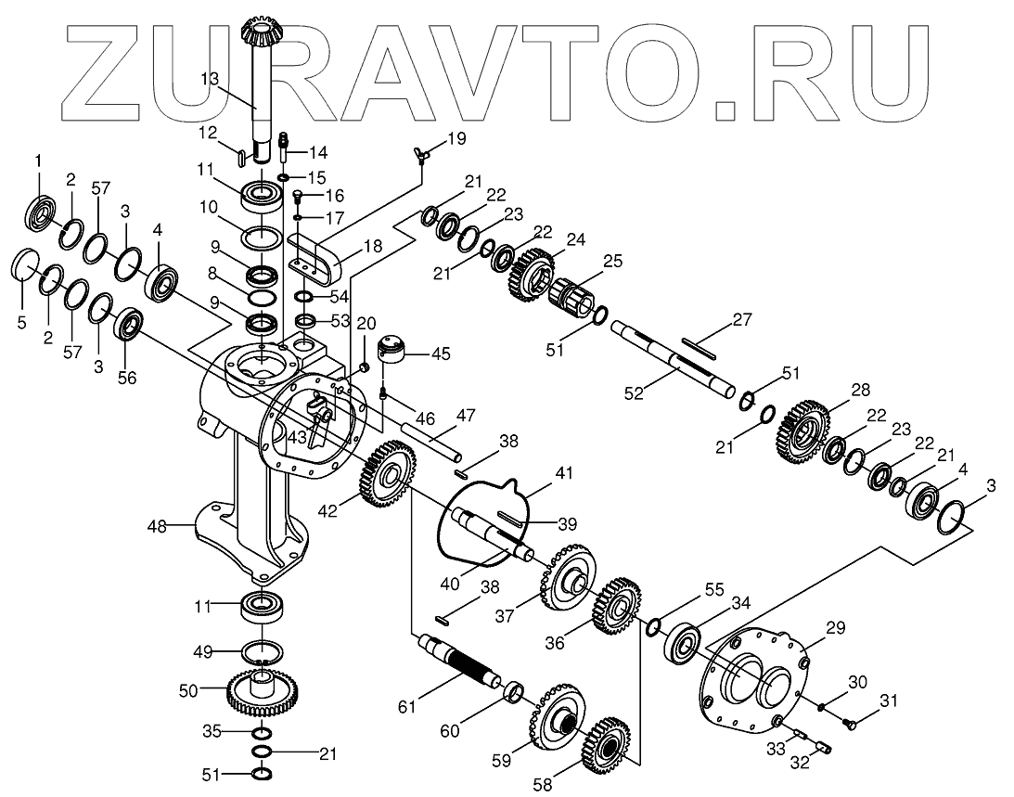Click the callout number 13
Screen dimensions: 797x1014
tap(210, 79)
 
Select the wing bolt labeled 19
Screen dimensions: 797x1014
tap(423, 154)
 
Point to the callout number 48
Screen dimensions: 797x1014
tap(157, 527)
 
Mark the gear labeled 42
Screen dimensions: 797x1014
tap(385, 476)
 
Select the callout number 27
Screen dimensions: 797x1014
tap(740, 320)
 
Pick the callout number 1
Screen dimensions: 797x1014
tap(39, 161)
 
